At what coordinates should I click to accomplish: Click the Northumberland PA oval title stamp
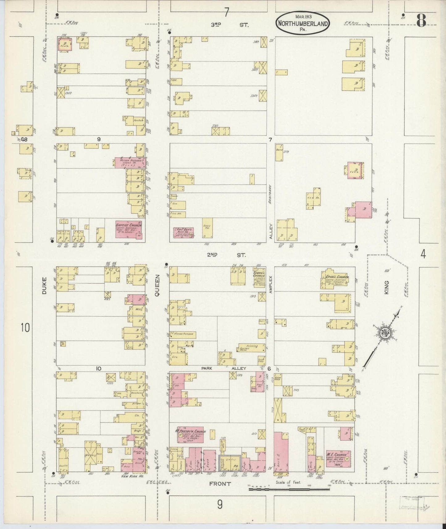(302, 23)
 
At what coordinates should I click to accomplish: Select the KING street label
(386, 287)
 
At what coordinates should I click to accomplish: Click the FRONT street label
(220, 484)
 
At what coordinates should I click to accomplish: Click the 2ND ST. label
(227, 255)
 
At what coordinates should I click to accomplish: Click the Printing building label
(252, 346)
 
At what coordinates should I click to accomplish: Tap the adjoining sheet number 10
(26, 327)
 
